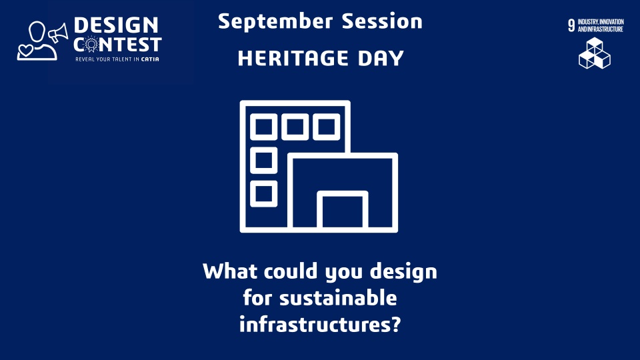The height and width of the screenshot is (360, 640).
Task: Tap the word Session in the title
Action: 382,21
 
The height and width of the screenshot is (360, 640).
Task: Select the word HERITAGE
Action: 293,58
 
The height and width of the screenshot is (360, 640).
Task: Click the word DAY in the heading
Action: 381,58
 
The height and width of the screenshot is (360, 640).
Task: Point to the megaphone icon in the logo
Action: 59,33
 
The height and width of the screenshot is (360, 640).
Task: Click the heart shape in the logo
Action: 25,51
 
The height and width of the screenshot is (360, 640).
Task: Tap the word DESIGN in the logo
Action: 116,25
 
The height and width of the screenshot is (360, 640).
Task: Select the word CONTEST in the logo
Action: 117,45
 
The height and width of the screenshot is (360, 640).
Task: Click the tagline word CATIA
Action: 150,59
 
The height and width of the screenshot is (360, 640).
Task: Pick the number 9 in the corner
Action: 571,25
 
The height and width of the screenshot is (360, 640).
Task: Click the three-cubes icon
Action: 595,53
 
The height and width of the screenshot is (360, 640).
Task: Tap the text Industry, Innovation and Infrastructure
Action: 601,25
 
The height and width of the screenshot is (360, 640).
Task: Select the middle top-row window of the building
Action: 295,127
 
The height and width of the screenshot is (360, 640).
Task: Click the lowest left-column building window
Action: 264,194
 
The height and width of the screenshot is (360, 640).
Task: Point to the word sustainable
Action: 338,297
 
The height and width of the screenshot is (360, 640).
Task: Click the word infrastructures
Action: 314,324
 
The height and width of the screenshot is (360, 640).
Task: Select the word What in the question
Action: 230,271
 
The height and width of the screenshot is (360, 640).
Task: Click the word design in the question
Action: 403,272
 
